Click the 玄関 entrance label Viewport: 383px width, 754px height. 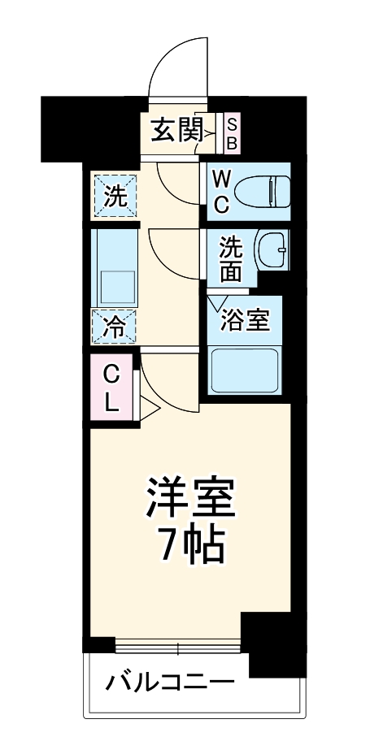click(x=176, y=129)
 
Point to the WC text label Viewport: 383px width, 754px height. click(x=221, y=190)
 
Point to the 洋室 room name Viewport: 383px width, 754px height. click(x=191, y=499)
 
